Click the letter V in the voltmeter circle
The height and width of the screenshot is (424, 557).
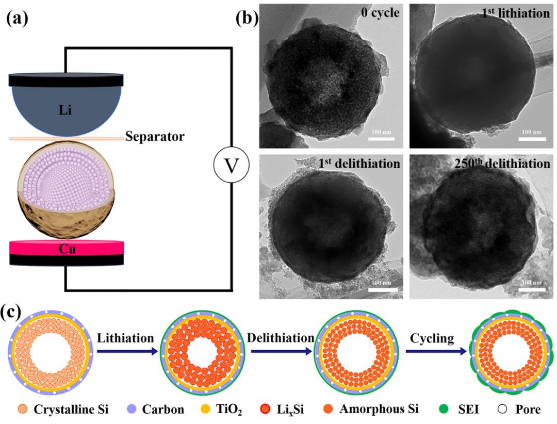(232, 166)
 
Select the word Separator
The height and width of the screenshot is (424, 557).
(155, 137)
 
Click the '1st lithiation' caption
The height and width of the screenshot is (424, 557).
(516, 13)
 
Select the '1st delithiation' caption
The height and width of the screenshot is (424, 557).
(359, 164)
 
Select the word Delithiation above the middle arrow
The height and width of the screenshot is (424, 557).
(281, 338)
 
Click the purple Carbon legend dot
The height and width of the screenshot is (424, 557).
(131, 410)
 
